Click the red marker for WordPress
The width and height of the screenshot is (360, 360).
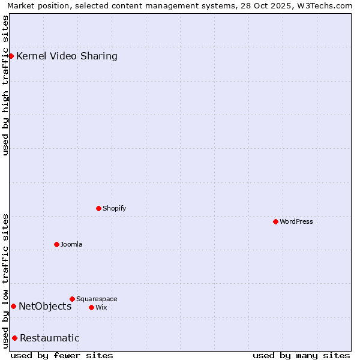[275, 221]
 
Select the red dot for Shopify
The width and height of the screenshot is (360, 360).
[98, 208]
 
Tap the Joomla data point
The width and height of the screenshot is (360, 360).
[56, 244]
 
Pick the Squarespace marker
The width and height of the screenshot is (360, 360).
[72, 299]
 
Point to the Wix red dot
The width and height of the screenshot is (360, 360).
[91, 307]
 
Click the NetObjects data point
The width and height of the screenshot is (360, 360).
[13, 306]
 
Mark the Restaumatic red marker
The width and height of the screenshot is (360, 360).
[14, 338]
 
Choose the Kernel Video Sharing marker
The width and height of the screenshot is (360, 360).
[11, 56]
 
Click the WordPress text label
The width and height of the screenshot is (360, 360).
[296, 221]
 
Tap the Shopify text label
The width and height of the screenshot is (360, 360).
[114, 208]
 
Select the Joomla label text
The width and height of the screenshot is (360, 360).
[71, 244]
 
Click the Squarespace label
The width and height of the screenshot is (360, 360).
[97, 299]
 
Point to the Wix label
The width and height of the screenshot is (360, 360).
[101, 307]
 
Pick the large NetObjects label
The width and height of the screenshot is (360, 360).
[45, 306]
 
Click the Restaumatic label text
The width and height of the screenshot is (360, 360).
[50, 338]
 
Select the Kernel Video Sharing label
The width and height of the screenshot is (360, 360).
[67, 56]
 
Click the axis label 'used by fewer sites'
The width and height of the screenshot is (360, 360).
[62, 355]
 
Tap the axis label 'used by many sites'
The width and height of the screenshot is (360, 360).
[301, 355]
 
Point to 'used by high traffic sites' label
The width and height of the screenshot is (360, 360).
[5, 85]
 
